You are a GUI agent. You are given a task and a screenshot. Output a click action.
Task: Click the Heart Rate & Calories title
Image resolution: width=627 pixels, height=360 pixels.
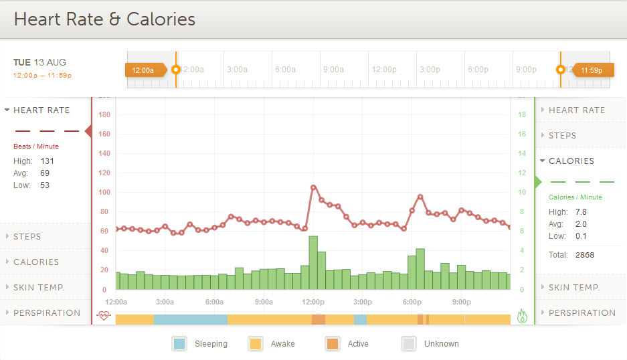pyautogui.click(x=104, y=19)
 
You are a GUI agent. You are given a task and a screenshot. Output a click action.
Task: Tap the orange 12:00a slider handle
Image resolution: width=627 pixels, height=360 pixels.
pyautogui.click(x=145, y=70)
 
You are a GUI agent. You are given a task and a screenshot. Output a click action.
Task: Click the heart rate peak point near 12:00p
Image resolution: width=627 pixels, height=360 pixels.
pyautogui.click(x=313, y=187)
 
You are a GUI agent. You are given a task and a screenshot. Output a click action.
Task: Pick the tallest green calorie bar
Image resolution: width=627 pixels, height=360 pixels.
pyautogui.click(x=313, y=262)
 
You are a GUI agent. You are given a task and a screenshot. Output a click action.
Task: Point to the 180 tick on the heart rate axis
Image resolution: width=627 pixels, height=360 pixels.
pyautogui.click(x=104, y=114)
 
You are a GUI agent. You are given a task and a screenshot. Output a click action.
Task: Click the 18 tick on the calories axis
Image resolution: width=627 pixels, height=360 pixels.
pyautogui.click(x=522, y=114)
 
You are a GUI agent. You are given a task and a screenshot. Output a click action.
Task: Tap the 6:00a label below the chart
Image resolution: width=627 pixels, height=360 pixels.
pyautogui.click(x=214, y=302)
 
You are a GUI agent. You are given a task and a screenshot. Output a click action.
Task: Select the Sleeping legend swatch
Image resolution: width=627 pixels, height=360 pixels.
pyautogui.click(x=179, y=344)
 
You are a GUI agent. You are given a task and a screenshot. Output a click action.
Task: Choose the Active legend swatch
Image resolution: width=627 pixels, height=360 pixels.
pyautogui.click(x=332, y=344)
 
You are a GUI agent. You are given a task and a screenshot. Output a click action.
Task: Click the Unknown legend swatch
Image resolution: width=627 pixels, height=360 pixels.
pyautogui.click(x=408, y=344)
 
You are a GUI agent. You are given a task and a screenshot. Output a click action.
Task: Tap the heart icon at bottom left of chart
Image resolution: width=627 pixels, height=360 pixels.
pyautogui.click(x=103, y=316)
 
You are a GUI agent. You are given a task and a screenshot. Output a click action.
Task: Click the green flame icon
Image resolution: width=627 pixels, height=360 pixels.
pyautogui.click(x=523, y=316)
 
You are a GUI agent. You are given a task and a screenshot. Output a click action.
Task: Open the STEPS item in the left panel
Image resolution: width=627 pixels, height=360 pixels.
pyautogui.click(x=27, y=236)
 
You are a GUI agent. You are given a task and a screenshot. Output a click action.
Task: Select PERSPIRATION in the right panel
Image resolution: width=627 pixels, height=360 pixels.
pyautogui.click(x=581, y=312)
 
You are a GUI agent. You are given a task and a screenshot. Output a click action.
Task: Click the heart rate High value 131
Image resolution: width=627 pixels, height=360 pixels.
pyautogui.click(x=47, y=161)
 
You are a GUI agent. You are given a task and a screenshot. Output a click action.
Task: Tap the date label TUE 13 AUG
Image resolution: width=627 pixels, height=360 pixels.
pyautogui.click(x=39, y=62)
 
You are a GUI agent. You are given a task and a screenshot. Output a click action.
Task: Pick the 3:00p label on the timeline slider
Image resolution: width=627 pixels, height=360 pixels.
pyautogui.click(x=430, y=70)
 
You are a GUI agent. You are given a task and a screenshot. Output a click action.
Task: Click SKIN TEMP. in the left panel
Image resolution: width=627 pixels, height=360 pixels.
pyautogui.click(x=38, y=287)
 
